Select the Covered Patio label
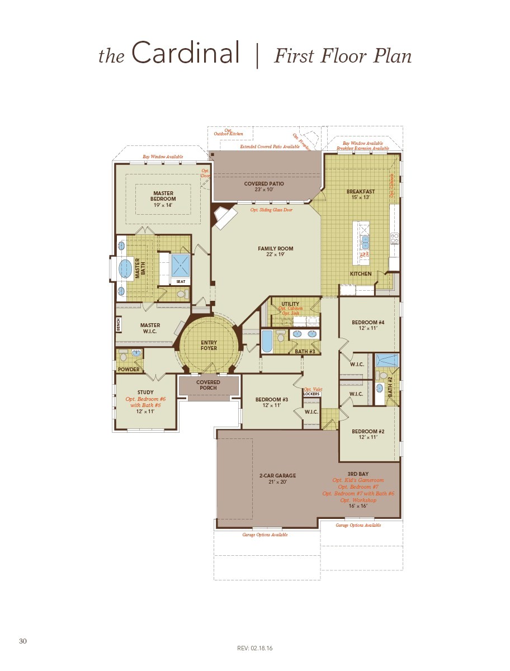(264, 184)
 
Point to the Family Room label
(275, 249)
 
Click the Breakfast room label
(360, 192)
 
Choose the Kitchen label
(361, 274)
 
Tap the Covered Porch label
(208, 385)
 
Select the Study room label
(145, 393)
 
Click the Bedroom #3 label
(271, 399)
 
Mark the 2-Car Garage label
(277, 476)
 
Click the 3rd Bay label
(358, 474)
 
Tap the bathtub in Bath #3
(267, 341)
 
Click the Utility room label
(290, 304)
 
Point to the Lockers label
(311, 394)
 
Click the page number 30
(23, 641)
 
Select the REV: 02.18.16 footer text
(254, 648)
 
